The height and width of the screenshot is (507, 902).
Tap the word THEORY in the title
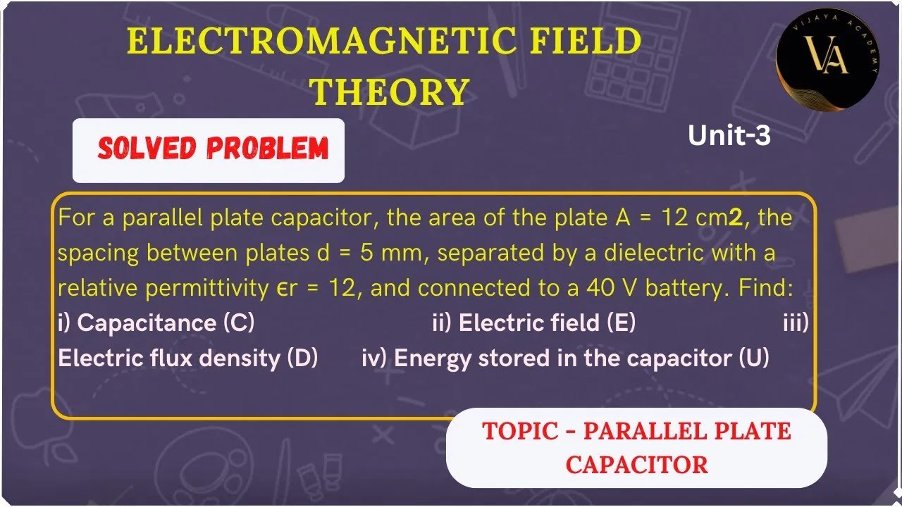click(x=391, y=92)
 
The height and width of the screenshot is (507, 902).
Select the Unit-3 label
click(x=729, y=136)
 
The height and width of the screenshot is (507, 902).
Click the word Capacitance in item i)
click(x=147, y=323)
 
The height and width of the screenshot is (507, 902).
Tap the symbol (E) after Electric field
click(x=621, y=323)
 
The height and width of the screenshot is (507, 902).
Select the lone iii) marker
click(x=796, y=323)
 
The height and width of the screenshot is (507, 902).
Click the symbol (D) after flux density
click(x=302, y=358)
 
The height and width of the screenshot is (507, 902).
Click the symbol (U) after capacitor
click(x=753, y=358)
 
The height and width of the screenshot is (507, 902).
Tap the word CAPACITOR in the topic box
click(x=636, y=465)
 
